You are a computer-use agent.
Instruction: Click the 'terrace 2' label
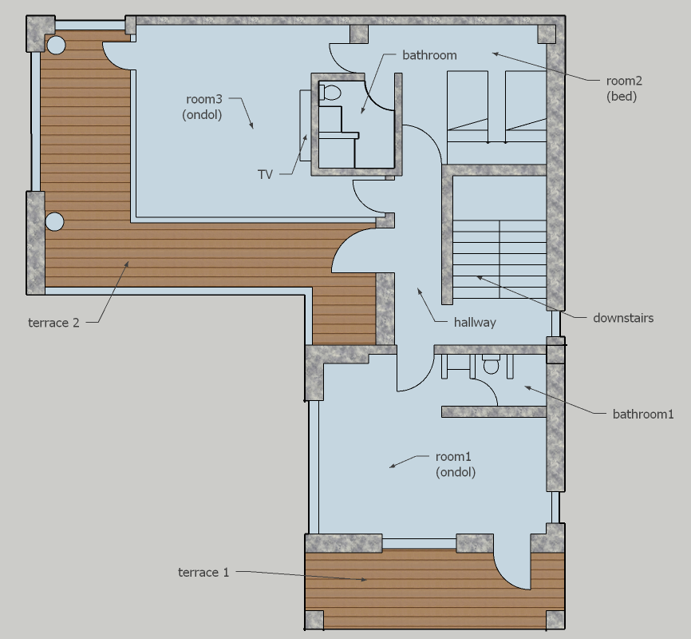[x=53, y=323]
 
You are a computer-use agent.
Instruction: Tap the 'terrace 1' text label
[x=203, y=573]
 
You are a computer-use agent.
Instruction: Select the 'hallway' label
[x=475, y=323]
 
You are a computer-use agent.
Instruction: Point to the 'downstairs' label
[x=623, y=318]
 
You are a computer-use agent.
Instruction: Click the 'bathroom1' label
[x=643, y=414]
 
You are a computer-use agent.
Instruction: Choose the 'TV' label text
[x=265, y=175]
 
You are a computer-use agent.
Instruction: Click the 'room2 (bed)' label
[x=623, y=88]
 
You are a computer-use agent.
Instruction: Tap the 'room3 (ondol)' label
[x=203, y=107]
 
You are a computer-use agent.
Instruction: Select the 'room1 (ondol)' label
[x=456, y=464]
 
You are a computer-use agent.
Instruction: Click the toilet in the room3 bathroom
[x=330, y=93]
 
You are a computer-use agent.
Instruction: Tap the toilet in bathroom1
[x=490, y=365]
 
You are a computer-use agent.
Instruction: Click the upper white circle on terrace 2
[x=56, y=45]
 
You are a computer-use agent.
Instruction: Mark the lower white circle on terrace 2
[x=54, y=221]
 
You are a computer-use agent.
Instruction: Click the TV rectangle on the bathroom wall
[x=305, y=125]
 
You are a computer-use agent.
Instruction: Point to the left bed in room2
[x=468, y=107]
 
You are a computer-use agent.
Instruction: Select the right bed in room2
[x=526, y=107]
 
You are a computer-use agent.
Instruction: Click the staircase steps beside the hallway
[x=499, y=260]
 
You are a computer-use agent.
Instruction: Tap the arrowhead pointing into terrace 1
[x=364, y=579]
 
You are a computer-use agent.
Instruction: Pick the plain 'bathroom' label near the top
[x=429, y=55]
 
